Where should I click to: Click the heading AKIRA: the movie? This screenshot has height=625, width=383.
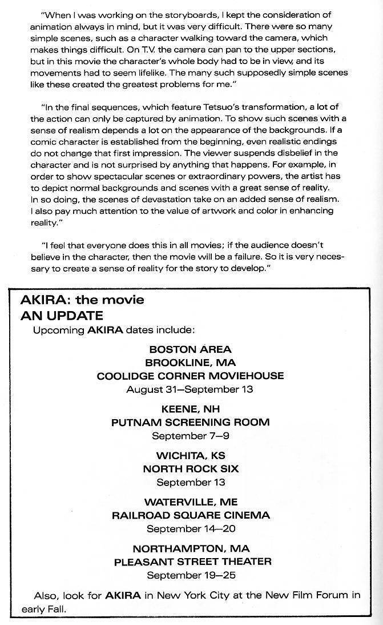point(82,300)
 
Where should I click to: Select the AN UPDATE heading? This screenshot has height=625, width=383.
point(62,315)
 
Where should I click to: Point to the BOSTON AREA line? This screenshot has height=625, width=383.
point(190,349)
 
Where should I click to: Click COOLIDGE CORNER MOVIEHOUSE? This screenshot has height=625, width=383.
point(190,376)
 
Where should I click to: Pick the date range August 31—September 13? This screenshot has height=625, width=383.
point(190,389)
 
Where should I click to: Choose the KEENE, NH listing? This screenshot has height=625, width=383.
point(190,409)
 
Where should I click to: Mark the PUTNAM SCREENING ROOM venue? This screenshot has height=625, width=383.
point(190,423)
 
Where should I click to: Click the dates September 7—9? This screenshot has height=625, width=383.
point(190,436)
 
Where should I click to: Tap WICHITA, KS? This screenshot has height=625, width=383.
point(190,456)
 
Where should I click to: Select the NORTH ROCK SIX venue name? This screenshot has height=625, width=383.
point(190,469)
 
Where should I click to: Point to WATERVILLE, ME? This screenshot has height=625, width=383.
point(190,502)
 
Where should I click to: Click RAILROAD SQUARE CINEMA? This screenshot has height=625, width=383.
point(190,515)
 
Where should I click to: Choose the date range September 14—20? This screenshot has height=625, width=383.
point(190,529)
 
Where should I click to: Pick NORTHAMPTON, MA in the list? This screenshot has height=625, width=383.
point(190,548)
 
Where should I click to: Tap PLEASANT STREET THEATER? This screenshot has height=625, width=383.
point(192,562)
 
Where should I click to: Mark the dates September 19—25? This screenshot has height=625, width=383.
point(190,575)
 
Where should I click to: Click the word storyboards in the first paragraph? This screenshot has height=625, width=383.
point(170,14)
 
